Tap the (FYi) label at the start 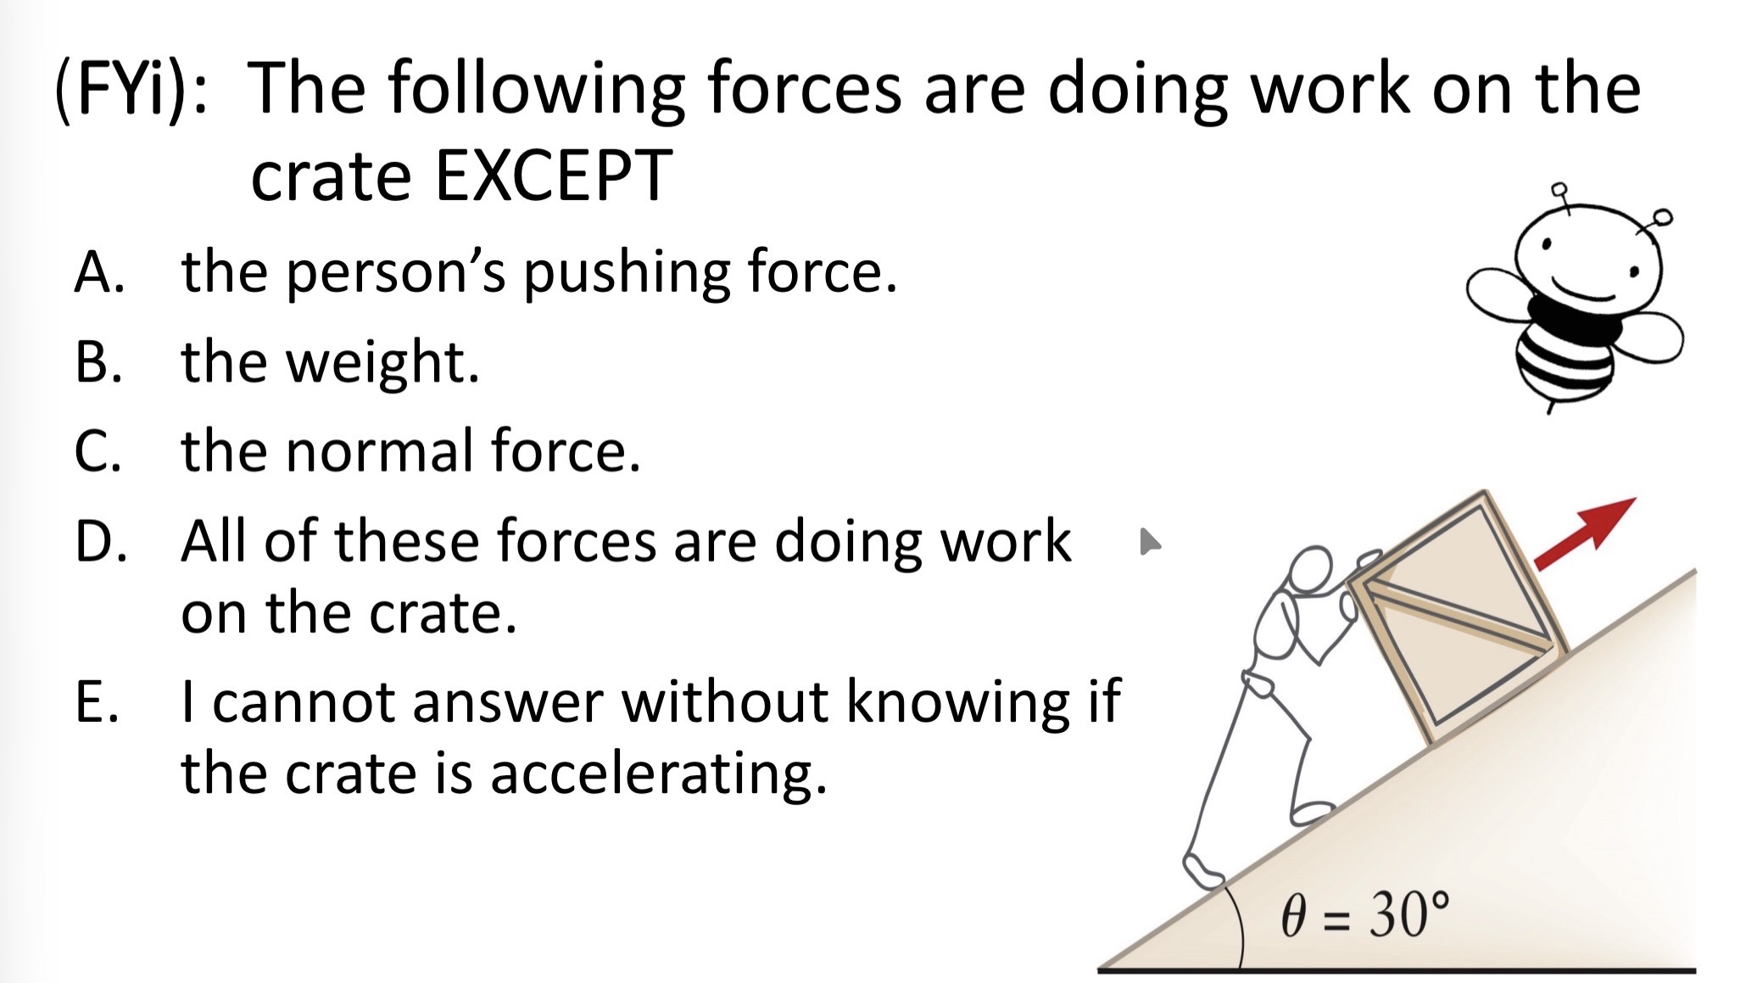[x=131, y=89]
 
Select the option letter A [x=100, y=272]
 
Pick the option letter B [x=98, y=362]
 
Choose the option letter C [x=98, y=451]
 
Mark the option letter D [x=101, y=541]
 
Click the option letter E [x=97, y=702]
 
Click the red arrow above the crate [x=1584, y=533]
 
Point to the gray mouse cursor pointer [x=1150, y=541]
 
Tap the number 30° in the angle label [x=1408, y=915]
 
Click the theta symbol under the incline [x=1293, y=916]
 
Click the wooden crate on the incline [x=1458, y=616]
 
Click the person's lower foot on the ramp [x=1202, y=871]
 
